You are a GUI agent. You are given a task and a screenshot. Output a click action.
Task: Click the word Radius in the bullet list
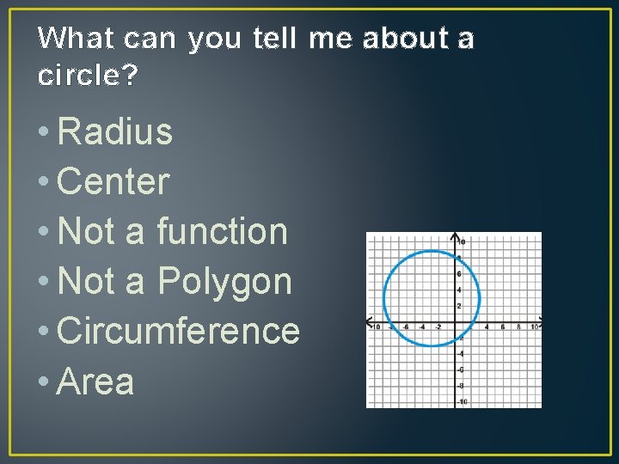114,132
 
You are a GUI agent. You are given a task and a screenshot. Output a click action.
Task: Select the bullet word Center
113,182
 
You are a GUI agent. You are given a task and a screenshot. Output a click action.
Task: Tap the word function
222,232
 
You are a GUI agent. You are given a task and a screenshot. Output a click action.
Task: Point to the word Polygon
225,282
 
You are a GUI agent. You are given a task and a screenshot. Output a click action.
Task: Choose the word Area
95,382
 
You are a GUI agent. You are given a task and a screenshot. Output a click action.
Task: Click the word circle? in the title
87,76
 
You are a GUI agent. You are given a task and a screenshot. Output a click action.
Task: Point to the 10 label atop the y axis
462,241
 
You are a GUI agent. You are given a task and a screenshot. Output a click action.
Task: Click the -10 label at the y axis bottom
463,402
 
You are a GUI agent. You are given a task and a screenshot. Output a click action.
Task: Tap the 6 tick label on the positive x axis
503,327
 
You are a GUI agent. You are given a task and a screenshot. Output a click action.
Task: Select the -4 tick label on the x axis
422,327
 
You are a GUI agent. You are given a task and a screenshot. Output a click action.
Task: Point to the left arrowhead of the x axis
370,321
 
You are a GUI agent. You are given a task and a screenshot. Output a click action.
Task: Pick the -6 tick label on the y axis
461,369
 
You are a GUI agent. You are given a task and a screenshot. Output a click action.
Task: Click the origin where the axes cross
455,321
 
